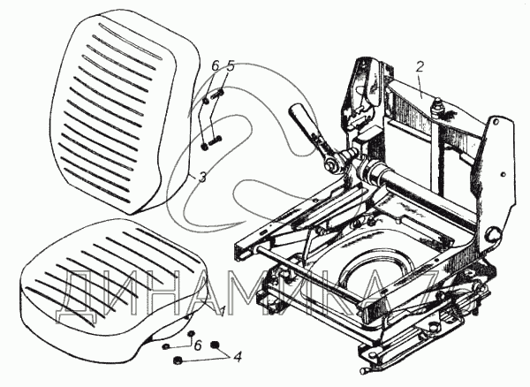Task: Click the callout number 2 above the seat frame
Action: click(420, 66)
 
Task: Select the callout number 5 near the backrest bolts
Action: click(231, 65)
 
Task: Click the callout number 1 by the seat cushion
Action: click(223, 308)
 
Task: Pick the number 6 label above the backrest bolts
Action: click(213, 65)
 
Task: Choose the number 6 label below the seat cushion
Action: click(197, 344)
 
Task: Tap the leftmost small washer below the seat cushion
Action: click(165, 347)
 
